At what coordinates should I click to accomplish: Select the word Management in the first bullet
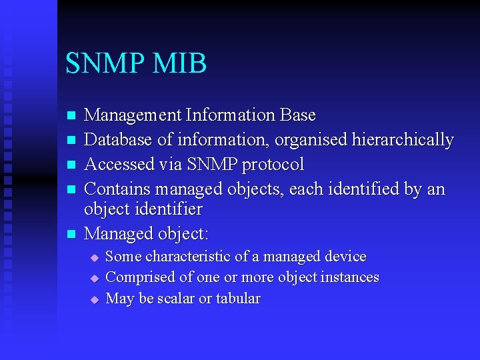(133, 115)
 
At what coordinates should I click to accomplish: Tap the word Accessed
(117, 165)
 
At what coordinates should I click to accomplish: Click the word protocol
(273, 165)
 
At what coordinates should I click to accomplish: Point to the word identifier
(169, 209)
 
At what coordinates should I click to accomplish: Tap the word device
(345, 257)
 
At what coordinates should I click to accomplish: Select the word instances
(349, 277)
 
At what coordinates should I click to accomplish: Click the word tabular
(238, 299)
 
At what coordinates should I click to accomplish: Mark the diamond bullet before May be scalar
(95, 299)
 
